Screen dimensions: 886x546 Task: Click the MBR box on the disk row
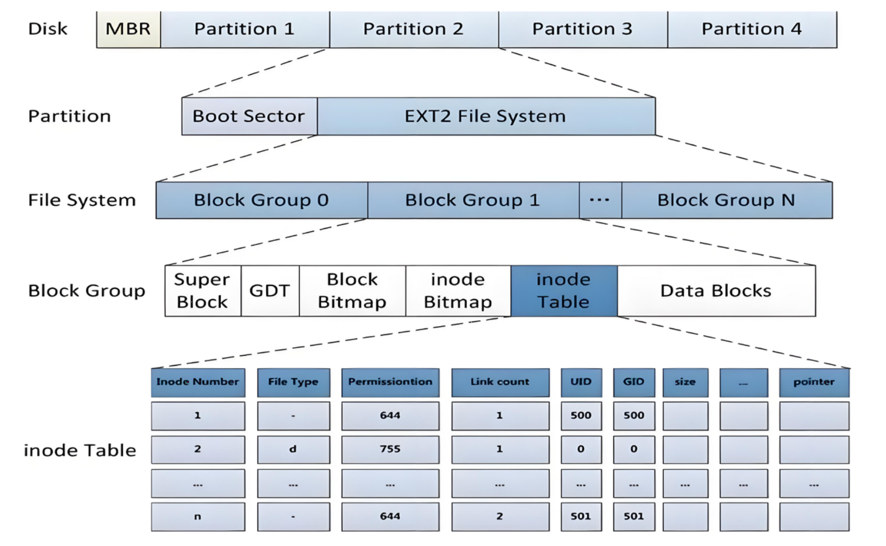129,30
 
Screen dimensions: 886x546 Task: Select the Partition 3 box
583,30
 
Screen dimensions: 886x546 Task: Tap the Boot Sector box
249,116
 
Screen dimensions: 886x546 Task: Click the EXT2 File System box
486,116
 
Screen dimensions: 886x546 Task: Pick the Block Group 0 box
262,200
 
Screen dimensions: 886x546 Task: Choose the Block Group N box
727,200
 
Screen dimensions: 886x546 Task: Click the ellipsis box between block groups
600,200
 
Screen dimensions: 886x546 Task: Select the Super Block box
203,291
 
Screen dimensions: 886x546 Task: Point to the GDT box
270,291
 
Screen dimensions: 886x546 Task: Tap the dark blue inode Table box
564,291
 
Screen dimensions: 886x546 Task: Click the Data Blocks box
716,291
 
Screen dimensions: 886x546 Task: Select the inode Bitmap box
458,291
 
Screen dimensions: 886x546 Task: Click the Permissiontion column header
390,382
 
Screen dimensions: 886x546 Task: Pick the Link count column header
500,382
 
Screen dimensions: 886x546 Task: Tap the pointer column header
814,382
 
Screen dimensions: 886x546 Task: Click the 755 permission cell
390,450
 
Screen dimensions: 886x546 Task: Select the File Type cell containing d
293,450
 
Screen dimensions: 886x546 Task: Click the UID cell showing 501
581,517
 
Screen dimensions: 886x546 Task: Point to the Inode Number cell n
198,517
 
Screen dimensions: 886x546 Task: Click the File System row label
82,200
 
